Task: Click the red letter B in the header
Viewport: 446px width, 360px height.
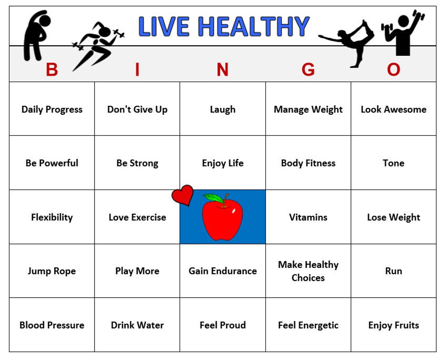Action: click(x=52, y=70)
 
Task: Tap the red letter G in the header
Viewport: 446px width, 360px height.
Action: click(x=308, y=70)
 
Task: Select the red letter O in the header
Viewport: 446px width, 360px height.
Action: click(x=394, y=70)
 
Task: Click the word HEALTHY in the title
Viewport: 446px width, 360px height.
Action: click(x=254, y=27)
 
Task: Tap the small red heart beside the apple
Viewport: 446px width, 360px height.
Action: click(x=183, y=195)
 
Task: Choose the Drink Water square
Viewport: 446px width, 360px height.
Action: click(x=137, y=325)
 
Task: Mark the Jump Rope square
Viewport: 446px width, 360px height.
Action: click(x=52, y=271)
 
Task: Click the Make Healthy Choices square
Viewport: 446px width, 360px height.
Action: click(x=308, y=271)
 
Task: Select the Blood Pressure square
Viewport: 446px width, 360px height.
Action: click(x=52, y=325)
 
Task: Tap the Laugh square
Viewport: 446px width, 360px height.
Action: click(x=223, y=109)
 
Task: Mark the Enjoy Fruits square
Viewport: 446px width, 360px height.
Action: click(x=394, y=325)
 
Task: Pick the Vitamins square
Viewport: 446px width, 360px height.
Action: click(x=308, y=217)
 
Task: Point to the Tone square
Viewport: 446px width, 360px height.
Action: click(x=394, y=163)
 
